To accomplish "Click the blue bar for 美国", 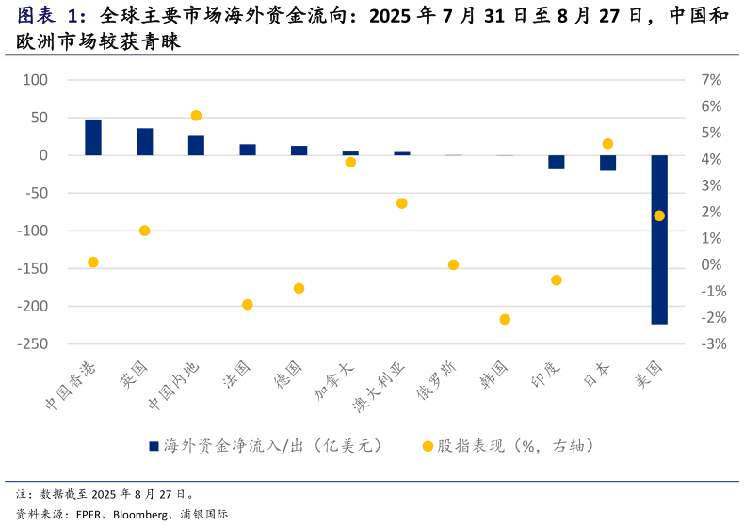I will tap(659, 239).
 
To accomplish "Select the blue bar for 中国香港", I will tap(93, 137).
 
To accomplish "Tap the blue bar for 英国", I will tap(145, 141).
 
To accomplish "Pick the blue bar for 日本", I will tap(608, 163).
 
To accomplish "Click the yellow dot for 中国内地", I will tap(196, 116).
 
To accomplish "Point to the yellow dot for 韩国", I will tap(505, 320).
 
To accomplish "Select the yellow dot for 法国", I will tap(248, 305).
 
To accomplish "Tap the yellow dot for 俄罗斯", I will tap(453, 265).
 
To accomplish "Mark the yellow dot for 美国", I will tap(659, 215).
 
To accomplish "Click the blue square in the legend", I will tap(154, 446).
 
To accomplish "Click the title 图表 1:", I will tap(52, 16).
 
